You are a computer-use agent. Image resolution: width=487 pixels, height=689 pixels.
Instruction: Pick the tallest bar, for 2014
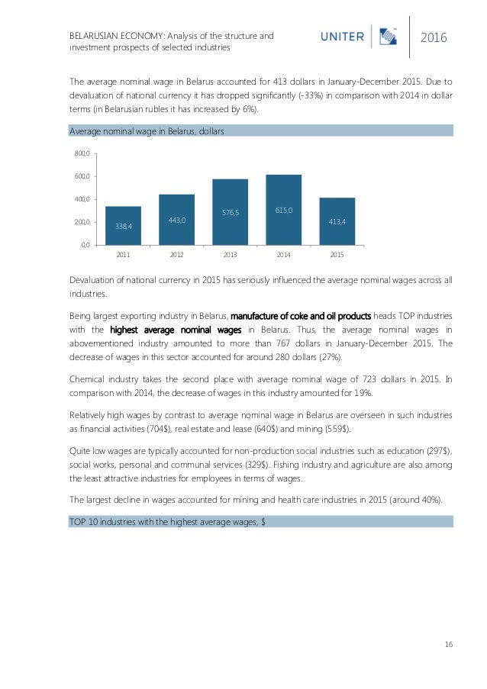point(284,209)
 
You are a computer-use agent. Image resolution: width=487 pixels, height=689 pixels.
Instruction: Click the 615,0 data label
point(284,209)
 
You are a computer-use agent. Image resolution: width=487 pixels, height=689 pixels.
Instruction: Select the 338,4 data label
point(123,227)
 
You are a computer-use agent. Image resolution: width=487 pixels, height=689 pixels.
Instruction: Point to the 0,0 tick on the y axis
point(85,245)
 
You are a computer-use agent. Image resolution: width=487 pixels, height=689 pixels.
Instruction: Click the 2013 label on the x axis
point(231,254)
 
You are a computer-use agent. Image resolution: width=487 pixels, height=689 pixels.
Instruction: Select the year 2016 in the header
point(434,37)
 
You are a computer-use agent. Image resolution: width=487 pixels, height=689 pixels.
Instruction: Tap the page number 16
point(448,646)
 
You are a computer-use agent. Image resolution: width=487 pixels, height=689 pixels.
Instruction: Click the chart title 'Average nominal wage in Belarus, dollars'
point(146,131)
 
